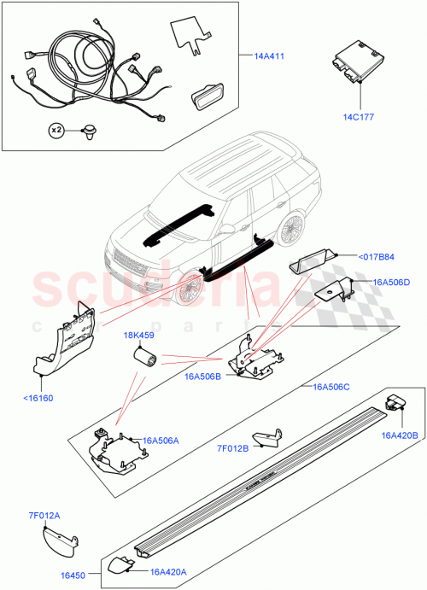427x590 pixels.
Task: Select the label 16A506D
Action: click(389, 282)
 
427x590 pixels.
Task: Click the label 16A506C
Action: click(333, 387)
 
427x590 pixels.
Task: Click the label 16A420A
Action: click(170, 573)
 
